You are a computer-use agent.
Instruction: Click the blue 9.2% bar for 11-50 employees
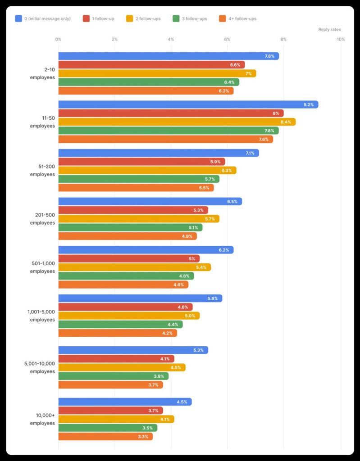(188, 104)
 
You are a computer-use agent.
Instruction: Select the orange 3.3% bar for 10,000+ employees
(105, 436)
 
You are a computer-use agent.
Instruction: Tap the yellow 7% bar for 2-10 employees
(157, 73)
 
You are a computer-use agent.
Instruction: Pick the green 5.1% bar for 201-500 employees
(130, 228)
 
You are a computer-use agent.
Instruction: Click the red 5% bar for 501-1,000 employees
(129, 258)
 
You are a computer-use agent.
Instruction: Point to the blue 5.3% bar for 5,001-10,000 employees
(133, 350)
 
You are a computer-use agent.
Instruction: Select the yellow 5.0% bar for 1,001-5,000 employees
(129, 316)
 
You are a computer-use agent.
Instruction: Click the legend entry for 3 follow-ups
(190, 18)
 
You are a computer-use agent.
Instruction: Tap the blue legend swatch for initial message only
(18, 18)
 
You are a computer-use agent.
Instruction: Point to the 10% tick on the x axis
(341, 40)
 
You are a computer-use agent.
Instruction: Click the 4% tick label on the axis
(171, 40)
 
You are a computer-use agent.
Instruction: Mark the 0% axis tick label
(58, 40)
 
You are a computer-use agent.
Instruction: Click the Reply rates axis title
(329, 30)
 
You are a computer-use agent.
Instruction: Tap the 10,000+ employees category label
(42, 419)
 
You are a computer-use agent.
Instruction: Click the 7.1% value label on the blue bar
(250, 153)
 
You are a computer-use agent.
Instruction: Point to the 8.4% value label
(287, 122)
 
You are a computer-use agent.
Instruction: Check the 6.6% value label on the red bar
(235, 65)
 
